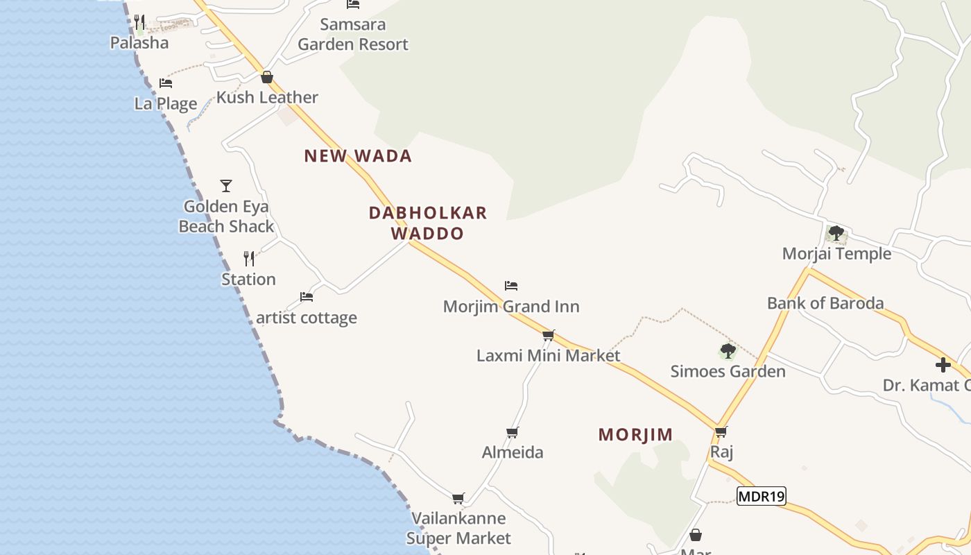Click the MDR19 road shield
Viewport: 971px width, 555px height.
pyautogui.click(x=761, y=496)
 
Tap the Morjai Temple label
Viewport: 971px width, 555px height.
pyautogui.click(x=836, y=254)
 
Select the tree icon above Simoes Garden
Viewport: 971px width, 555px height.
pyautogui.click(x=728, y=351)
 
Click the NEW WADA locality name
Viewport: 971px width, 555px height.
pyautogui.click(x=358, y=156)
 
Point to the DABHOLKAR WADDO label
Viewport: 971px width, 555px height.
pyautogui.click(x=428, y=223)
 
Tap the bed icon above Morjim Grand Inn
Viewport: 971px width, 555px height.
pyautogui.click(x=511, y=286)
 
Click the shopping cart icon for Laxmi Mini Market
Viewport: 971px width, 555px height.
pyautogui.click(x=549, y=336)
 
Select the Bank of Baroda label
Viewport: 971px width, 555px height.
pyautogui.click(x=825, y=303)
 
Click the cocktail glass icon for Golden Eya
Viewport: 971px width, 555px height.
pyautogui.click(x=226, y=186)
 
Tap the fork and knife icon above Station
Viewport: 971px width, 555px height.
pyautogui.click(x=249, y=259)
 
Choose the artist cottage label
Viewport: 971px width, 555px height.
pyautogui.click(x=307, y=318)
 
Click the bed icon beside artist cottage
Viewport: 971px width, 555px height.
pyautogui.click(x=307, y=297)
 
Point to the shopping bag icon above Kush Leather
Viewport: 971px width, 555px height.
pyautogui.click(x=267, y=77)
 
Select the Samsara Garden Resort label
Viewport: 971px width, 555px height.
pyautogui.click(x=353, y=35)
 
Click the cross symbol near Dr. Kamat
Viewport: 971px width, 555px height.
pyautogui.click(x=943, y=365)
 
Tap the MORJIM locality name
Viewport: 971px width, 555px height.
pyautogui.click(x=635, y=435)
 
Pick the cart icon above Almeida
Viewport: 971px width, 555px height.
pyautogui.click(x=513, y=433)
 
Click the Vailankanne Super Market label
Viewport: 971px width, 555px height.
pyautogui.click(x=458, y=528)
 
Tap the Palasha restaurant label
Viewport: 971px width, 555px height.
pyautogui.click(x=139, y=43)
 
